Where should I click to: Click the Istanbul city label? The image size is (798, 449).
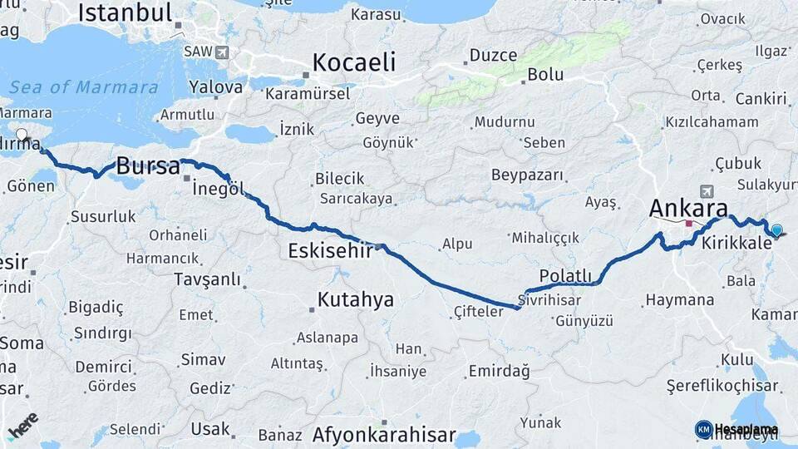point(125,12)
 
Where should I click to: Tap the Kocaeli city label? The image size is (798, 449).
point(354,62)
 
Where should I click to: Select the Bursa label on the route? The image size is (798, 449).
point(148,166)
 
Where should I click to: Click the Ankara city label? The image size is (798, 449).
point(689,208)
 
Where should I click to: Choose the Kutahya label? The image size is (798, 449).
point(356,299)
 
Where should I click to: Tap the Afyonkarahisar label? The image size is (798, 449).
point(384,435)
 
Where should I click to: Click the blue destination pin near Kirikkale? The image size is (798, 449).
point(776,230)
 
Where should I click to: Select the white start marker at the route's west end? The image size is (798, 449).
point(22,134)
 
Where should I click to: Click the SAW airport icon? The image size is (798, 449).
point(221,52)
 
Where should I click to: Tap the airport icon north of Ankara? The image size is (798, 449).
point(707,190)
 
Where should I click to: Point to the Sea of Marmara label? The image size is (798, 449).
point(83,87)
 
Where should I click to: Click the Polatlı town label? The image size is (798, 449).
point(565,275)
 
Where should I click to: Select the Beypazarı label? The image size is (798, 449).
point(528,175)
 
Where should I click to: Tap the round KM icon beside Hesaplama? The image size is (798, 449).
point(703,429)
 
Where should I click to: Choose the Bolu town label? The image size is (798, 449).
point(545,75)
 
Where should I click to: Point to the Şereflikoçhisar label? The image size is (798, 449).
point(722,386)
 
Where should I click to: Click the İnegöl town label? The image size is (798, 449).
point(218,189)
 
